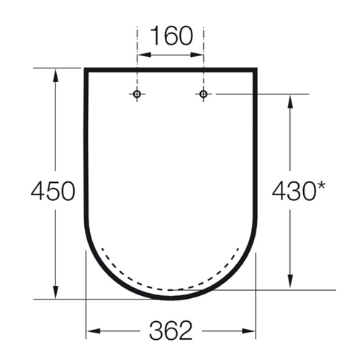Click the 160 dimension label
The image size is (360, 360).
(x=172, y=36)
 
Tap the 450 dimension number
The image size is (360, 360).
(x=53, y=191)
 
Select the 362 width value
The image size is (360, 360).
(x=171, y=330)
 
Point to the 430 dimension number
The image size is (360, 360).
(x=293, y=191)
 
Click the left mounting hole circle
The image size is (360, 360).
(x=137, y=94)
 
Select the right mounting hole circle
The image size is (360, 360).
(x=204, y=94)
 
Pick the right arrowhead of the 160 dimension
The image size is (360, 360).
(x=197, y=55)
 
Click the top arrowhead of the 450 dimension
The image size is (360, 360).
(x=55, y=76)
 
